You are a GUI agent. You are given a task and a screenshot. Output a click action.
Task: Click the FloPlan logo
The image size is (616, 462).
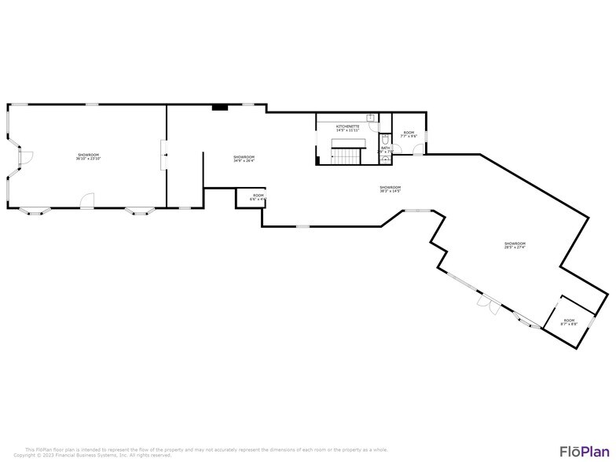point(585,451)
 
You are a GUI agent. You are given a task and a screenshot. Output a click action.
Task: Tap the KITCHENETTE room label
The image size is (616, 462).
point(348,127)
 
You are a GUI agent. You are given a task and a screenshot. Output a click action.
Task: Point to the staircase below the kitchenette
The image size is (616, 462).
point(346,154)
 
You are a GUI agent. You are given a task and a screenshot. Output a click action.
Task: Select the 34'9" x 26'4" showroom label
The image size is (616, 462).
point(244,159)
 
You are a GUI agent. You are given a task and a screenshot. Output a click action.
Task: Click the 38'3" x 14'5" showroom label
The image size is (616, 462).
point(390,189)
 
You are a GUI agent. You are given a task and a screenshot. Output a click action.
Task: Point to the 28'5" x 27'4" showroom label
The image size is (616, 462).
point(515,245)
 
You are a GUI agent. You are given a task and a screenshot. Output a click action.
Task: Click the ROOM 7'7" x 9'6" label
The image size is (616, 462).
point(409,134)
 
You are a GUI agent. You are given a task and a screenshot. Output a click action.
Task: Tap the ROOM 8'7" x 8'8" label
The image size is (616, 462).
point(567,321)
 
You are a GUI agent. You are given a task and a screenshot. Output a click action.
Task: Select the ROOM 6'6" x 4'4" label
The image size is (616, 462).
point(258,197)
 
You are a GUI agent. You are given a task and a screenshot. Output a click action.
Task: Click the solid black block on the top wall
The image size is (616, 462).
point(221,108)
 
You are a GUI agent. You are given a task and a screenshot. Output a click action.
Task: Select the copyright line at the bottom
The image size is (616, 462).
point(92,455)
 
